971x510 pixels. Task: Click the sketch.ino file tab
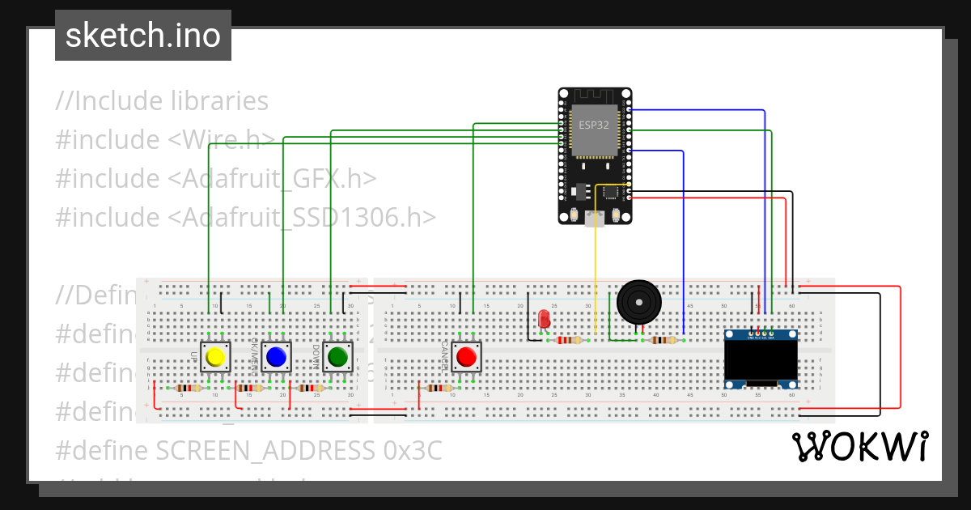point(143,36)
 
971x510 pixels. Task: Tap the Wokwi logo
point(859,446)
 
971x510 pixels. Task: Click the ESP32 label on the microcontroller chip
point(593,125)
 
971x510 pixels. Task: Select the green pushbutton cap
point(337,356)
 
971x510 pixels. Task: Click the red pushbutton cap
point(466,356)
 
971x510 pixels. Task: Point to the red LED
point(544,319)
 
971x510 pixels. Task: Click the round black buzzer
point(639,302)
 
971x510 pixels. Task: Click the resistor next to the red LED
point(572,340)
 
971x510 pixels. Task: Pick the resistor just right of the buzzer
point(664,340)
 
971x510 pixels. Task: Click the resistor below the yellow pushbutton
point(189,388)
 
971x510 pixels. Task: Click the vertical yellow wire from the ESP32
point(596,267)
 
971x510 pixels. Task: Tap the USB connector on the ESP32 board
point(596,218)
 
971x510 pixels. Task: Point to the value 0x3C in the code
point(412,450)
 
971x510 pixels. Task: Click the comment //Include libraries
point(162,101)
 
